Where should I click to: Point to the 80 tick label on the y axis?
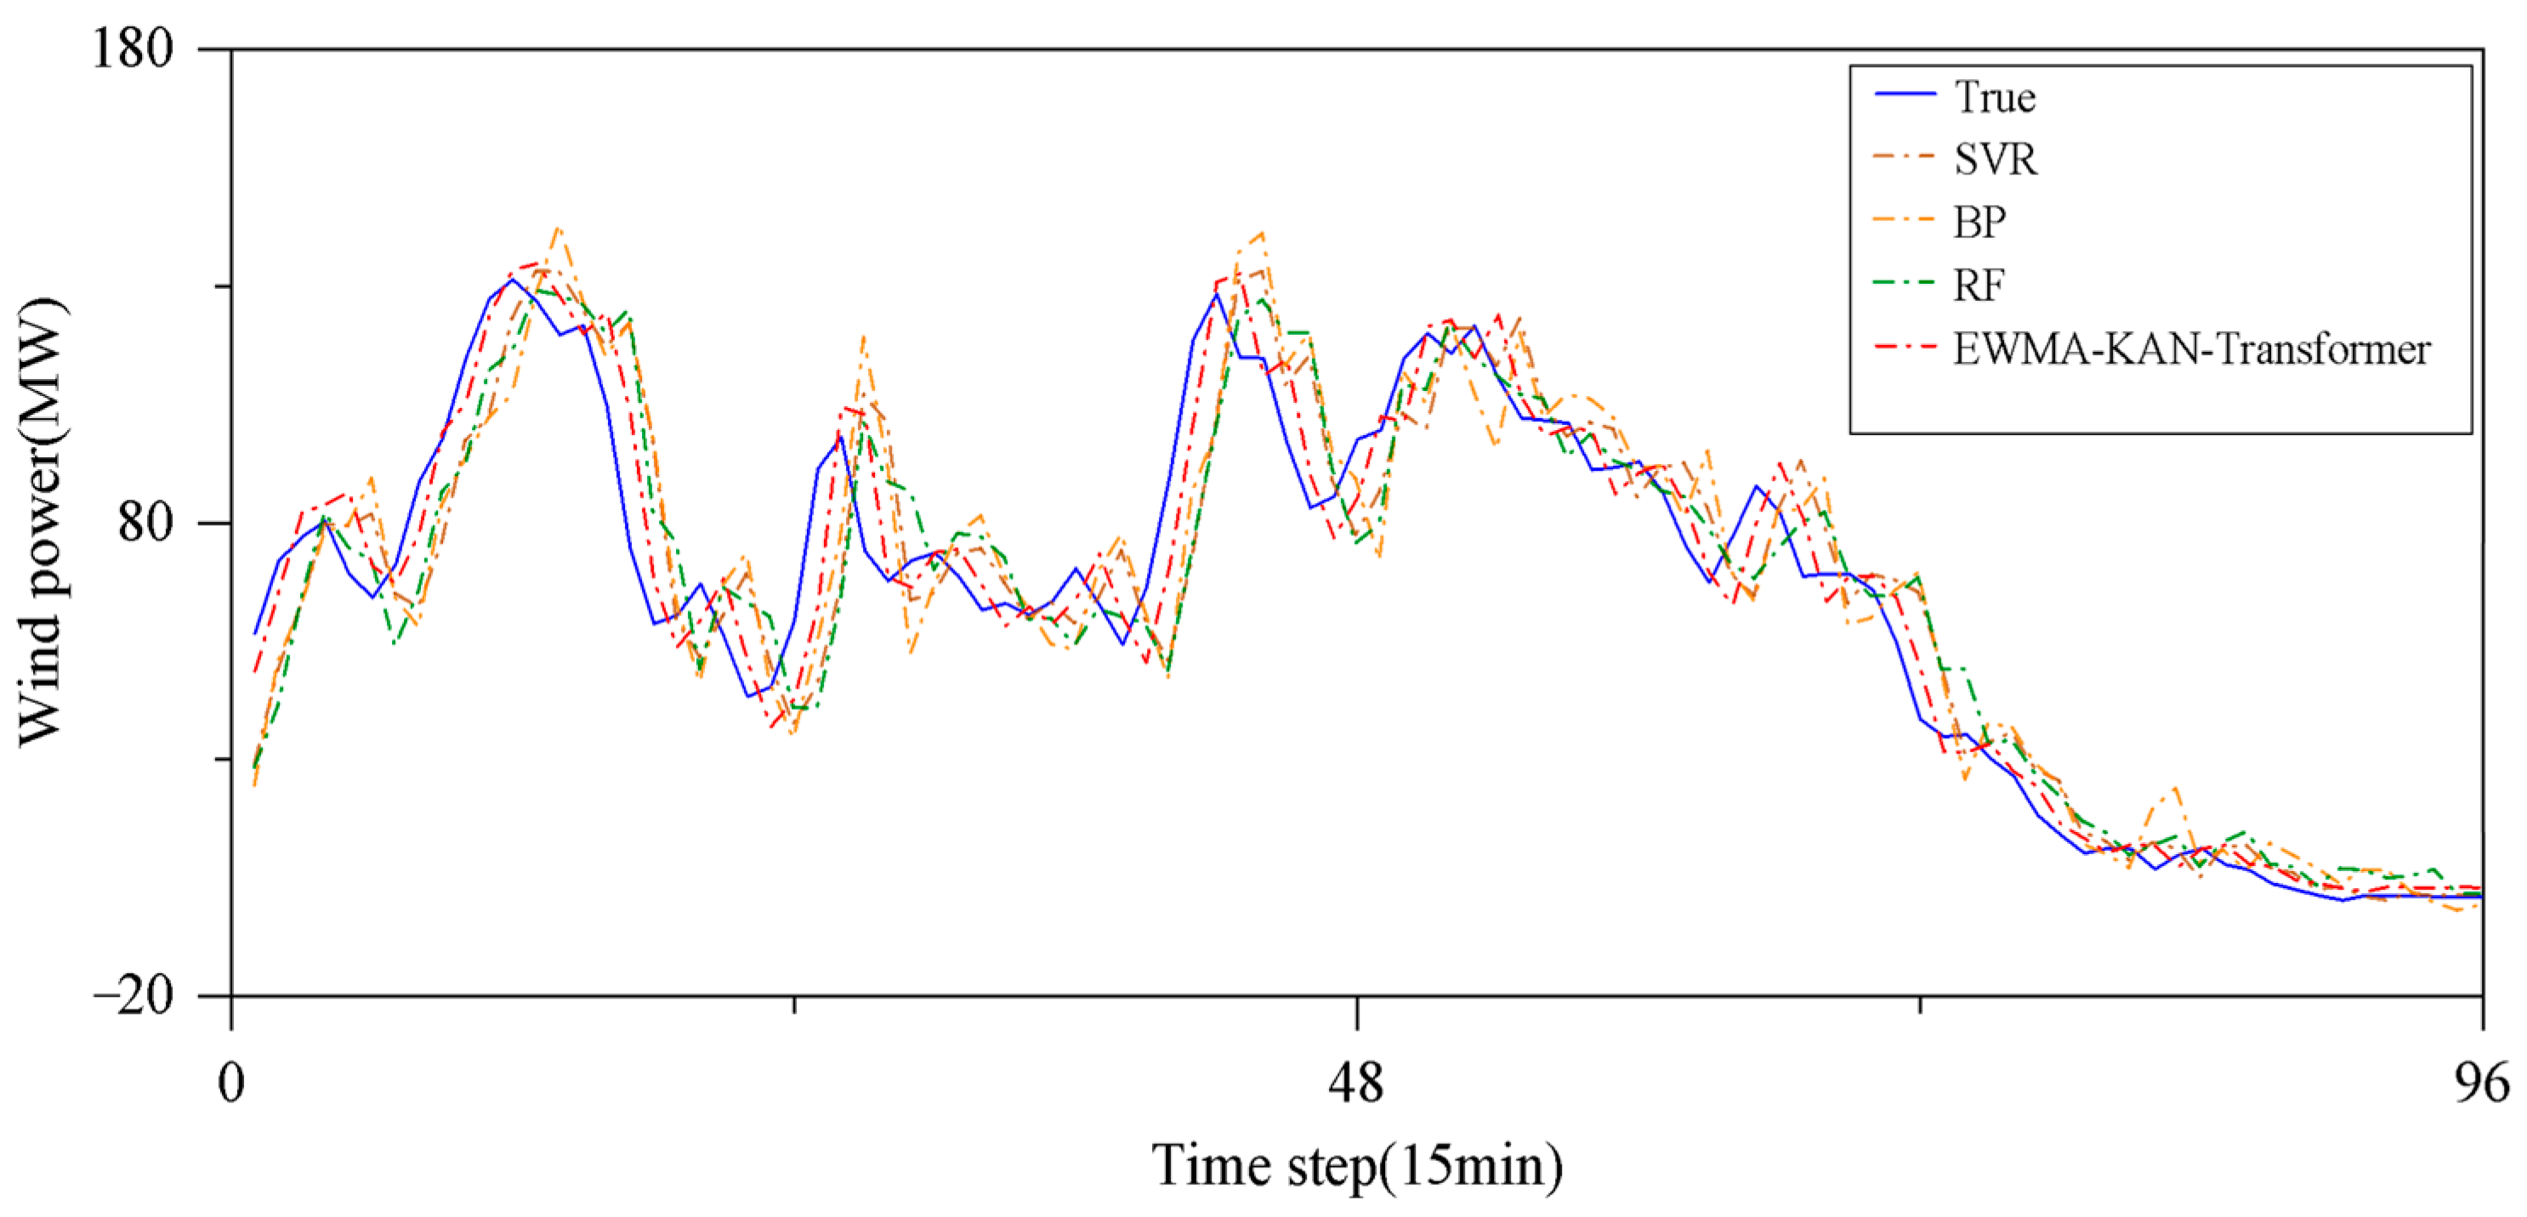(145, 522)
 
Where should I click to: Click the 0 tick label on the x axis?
(231, 1084)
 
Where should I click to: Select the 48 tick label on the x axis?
(1357, 1084)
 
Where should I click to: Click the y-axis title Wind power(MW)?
(41, 522)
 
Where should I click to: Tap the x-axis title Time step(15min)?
(1357, 1166)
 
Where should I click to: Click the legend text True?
(1995, 97)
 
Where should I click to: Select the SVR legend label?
(1995, 160)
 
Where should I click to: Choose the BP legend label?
(1979, 223)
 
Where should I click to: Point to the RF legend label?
(1979, 286)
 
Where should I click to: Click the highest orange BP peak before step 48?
(558, 228)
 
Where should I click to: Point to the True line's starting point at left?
(255, 633)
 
